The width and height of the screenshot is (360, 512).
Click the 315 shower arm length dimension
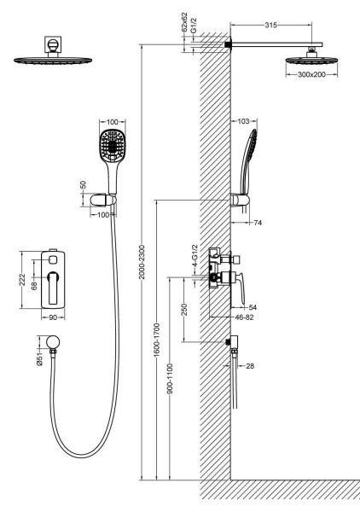271,25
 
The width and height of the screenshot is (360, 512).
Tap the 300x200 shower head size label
311,74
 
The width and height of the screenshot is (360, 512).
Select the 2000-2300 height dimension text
142,262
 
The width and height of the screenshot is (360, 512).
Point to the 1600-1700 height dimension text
157,340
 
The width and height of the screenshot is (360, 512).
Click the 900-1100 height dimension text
170,378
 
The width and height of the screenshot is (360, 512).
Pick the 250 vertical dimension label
184,310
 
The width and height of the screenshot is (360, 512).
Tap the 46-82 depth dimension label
245,317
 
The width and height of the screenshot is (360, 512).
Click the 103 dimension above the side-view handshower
243,121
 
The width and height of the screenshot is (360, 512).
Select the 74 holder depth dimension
258,223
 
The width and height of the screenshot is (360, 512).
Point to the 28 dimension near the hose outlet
250,366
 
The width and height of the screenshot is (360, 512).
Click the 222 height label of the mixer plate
22,280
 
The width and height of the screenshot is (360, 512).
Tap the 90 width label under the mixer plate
53,317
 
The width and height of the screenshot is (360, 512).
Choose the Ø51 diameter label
39,358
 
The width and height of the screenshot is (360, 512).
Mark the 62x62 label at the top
185,22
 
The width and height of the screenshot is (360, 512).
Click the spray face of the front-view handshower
113,145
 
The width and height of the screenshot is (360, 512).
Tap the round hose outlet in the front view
53,341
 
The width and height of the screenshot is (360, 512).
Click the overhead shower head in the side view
311,60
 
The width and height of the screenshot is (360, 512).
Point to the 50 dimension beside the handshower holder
84,184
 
